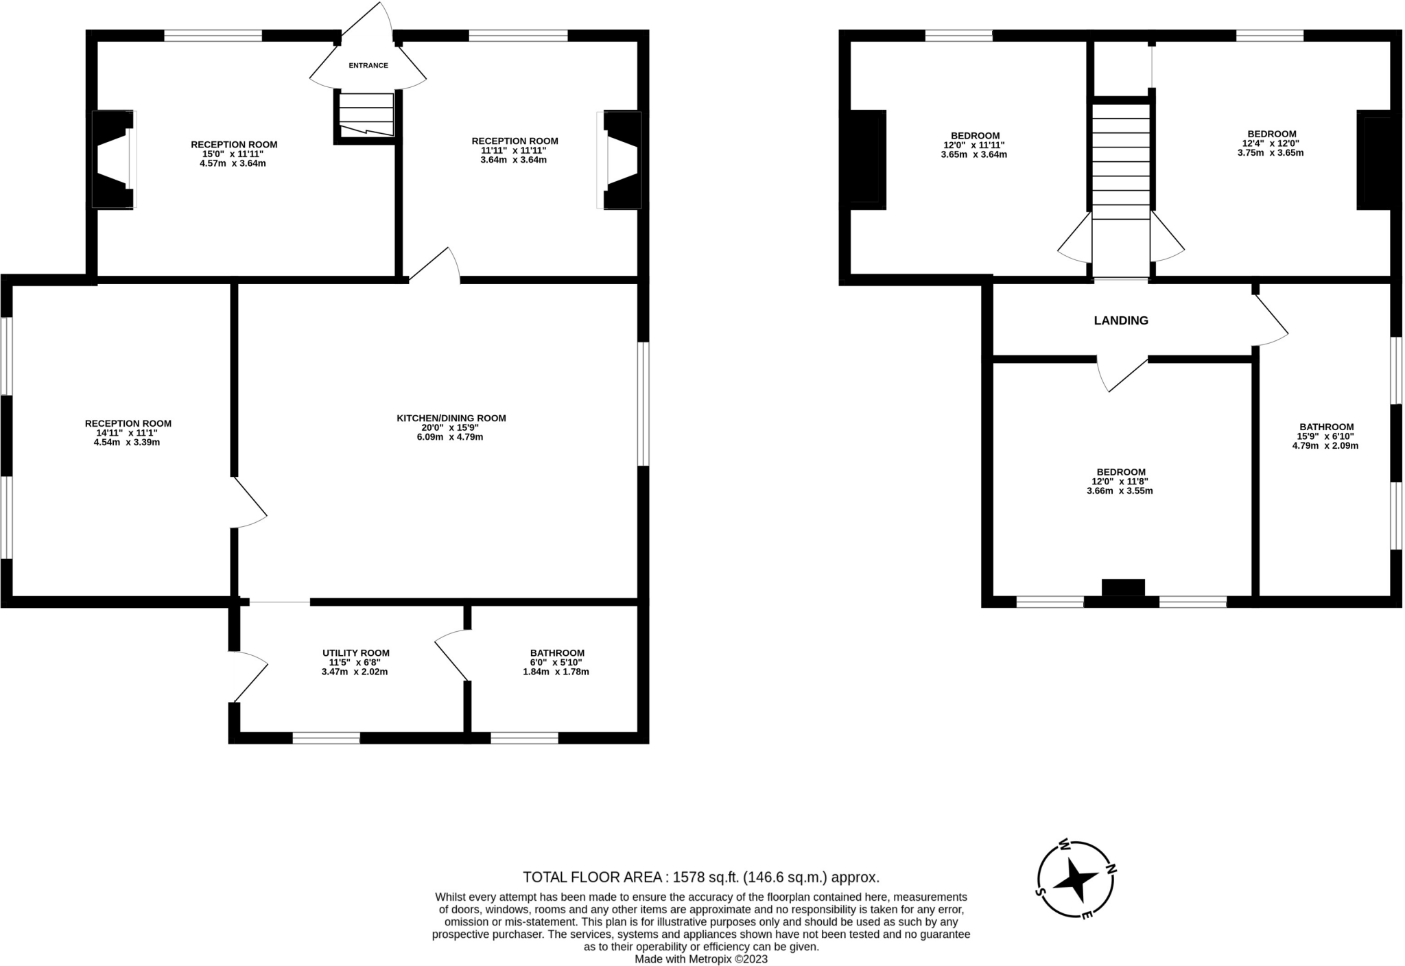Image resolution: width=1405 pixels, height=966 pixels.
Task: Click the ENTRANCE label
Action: [368, 66]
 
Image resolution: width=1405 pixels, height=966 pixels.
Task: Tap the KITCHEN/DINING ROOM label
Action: [451, 418]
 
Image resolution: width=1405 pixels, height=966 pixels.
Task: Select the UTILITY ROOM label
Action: [355, 653]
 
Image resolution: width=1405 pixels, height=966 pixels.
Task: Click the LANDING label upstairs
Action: [1120, 320]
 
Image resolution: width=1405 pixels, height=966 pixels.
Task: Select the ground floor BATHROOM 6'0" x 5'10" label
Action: [556, 653]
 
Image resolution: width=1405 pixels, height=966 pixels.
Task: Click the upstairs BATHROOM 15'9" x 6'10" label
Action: [1325, 427]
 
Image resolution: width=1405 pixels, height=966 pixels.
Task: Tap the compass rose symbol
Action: [1075, 880]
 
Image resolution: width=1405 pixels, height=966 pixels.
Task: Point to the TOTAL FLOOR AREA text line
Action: [700, 877]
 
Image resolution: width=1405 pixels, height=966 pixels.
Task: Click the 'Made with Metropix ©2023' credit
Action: [700, 959]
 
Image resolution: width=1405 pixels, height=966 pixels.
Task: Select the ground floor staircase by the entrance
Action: [366, 115]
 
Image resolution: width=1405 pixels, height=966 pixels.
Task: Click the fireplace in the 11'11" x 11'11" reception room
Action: [622, 159]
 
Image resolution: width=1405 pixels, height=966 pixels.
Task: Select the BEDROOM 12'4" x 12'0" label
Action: [1271, 134]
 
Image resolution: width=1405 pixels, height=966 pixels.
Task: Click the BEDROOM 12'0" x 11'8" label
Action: [1120, 472]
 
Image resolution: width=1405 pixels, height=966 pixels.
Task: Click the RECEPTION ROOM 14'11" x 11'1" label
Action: [128, 423]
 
